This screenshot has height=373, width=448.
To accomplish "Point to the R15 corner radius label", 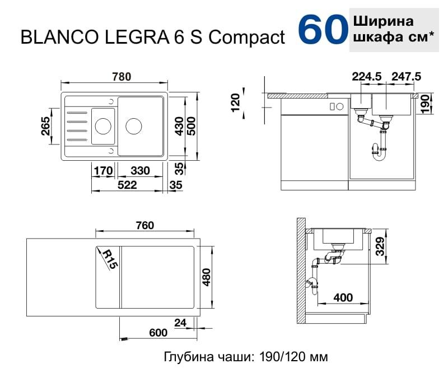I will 110,259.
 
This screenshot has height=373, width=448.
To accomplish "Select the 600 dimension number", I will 158,333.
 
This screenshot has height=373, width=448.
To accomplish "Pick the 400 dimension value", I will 343,297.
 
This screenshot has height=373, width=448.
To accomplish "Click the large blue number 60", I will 321,30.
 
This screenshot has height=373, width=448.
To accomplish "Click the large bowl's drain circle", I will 134,126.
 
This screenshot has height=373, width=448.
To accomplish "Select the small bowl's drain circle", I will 102,126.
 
